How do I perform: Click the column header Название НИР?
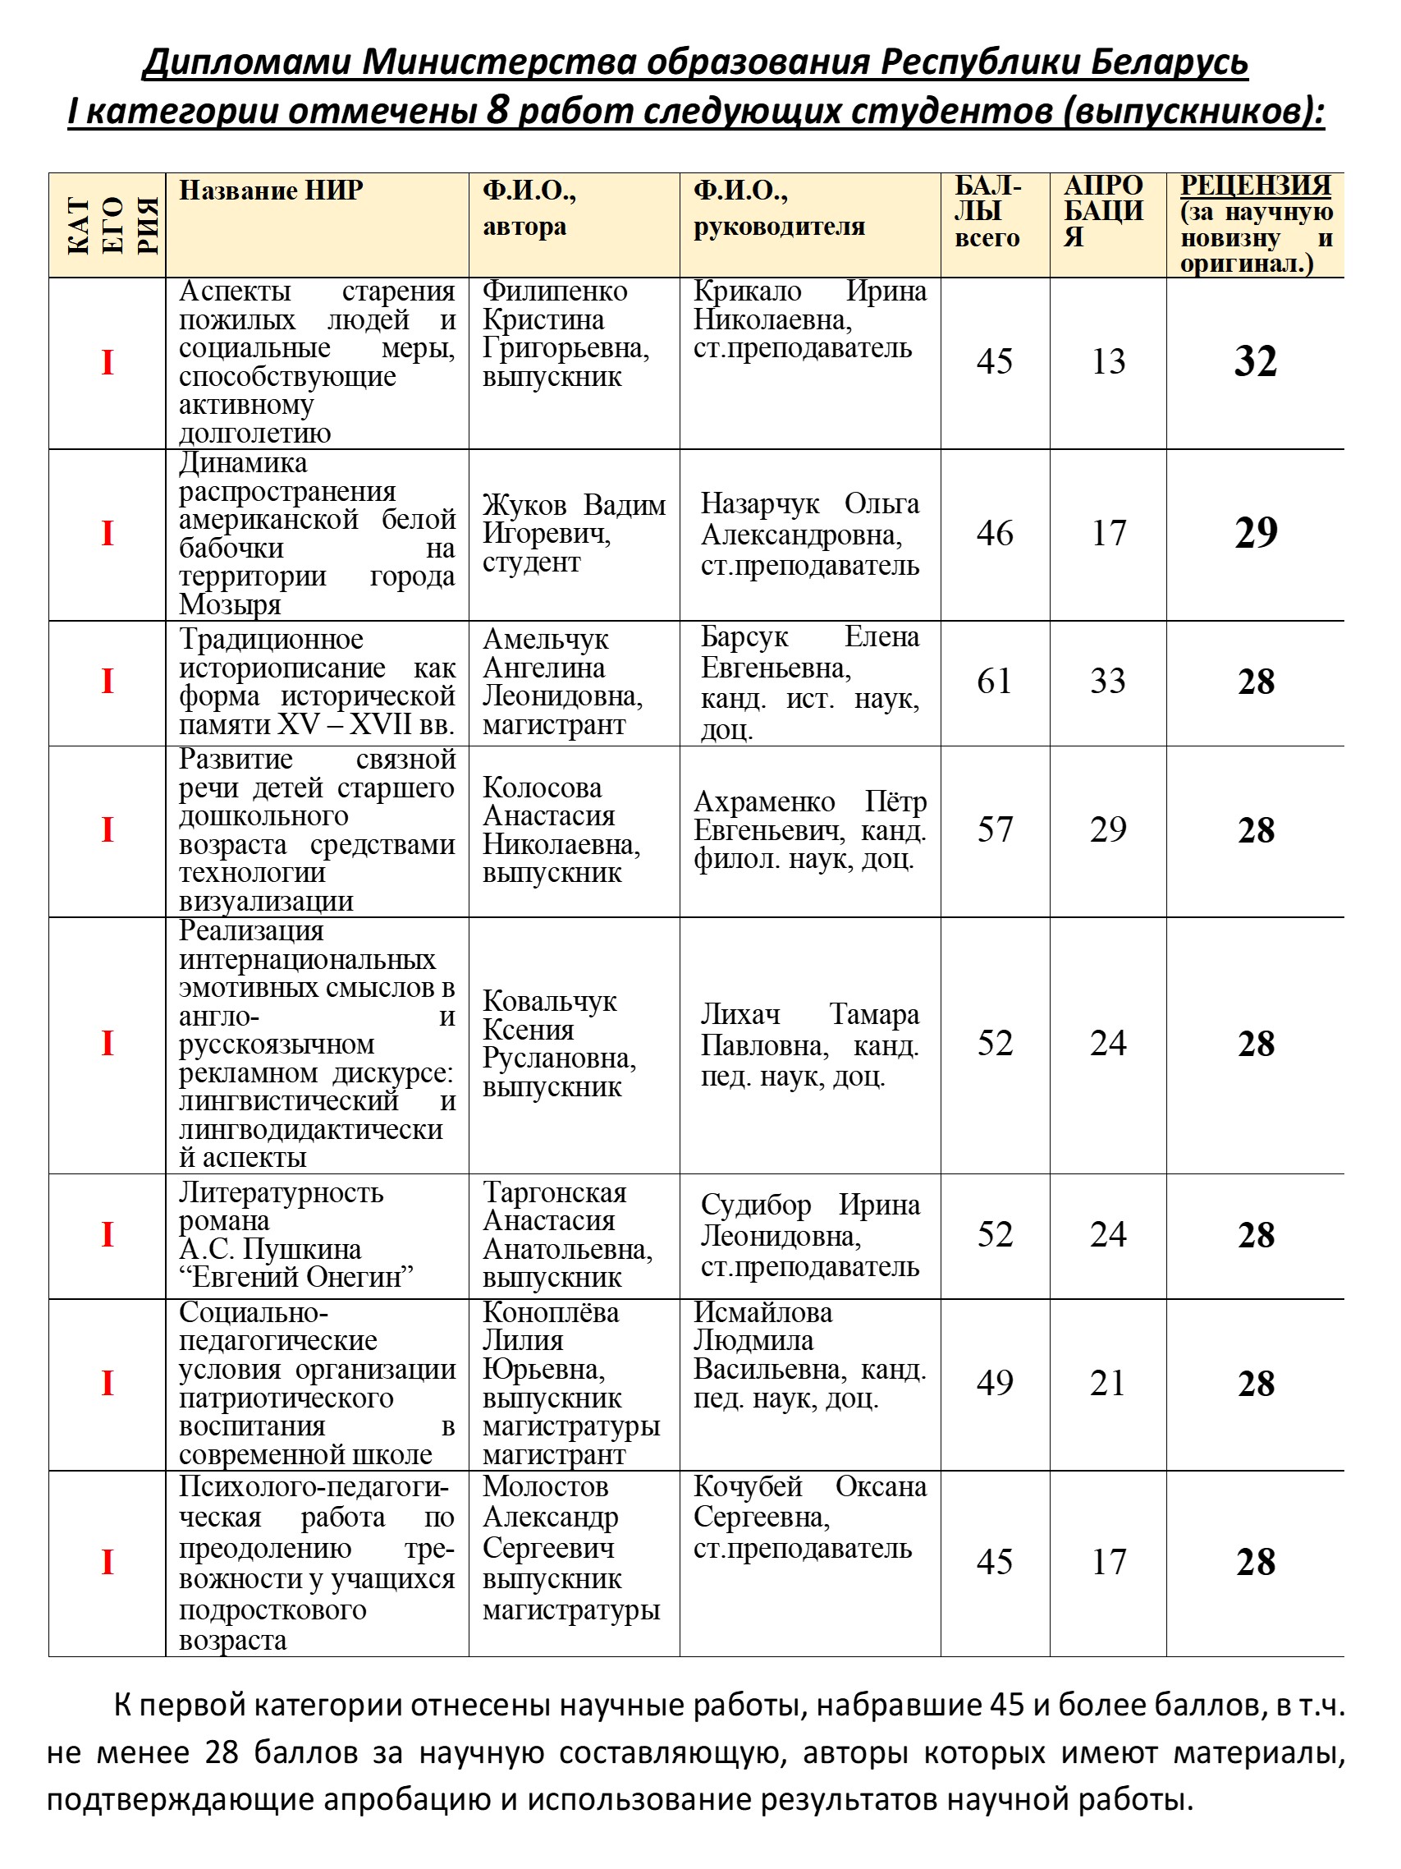click(270, 191)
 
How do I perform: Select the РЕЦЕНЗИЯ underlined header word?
click(1255, 185)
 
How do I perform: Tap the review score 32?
click(1255, 361)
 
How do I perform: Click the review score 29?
click(1255, 533)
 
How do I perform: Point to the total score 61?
click(994, 681)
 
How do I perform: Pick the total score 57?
click(994, 829)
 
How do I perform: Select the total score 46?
click(994, 533)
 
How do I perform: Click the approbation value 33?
click(1107, 681)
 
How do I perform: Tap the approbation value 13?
click(1107, 361)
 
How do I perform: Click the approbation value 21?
click(1107, 1383)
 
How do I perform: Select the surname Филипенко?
click(555, 292)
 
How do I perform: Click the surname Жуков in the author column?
click(524, 505)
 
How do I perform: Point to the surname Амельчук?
click(546, 640)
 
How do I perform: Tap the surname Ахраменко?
click(764, 801)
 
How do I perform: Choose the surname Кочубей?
click(748, 1486)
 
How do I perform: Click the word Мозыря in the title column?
click(230, 605)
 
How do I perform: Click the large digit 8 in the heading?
click(497, 111)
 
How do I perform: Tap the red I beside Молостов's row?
click(108, 1561)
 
